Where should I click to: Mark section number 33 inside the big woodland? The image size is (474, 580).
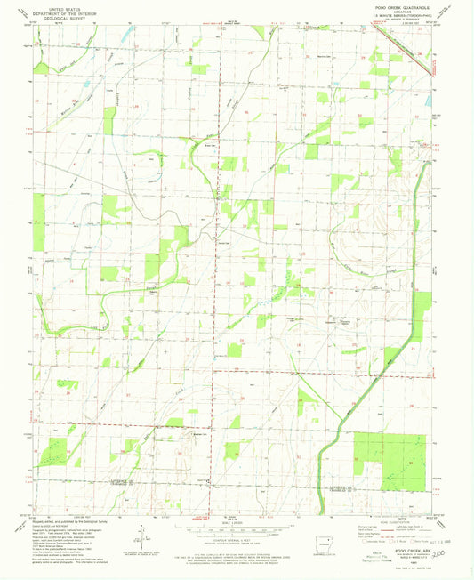tap(410, 463)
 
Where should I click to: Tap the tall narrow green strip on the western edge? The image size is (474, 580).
tap(38, 223)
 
